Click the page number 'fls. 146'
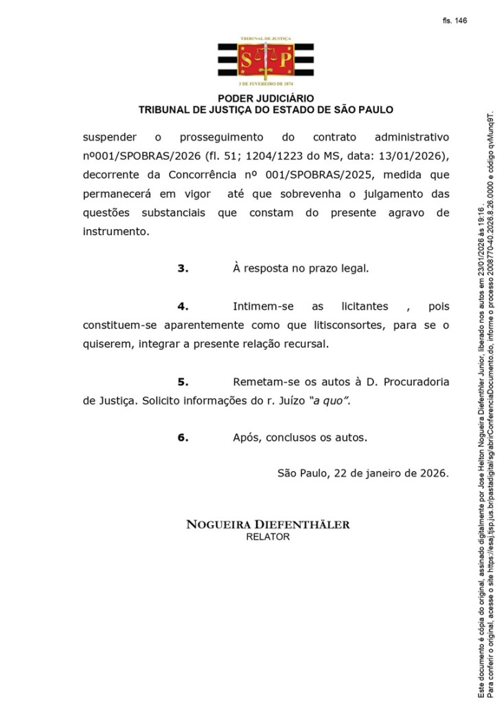[x=454, y=21]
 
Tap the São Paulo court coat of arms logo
[x=266, y=60]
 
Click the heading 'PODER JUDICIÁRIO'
[x=266, y=99]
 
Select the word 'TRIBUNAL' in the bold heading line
[x=165, y=110]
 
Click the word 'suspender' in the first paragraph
[x=110, y=137]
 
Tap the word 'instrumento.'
[x=116, y=232]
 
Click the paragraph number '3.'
[x=183, y=269]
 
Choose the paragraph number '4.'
[x=183, y=306]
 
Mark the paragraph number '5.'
[x=183, y=381]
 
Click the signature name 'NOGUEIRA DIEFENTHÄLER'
[x=268, y=506]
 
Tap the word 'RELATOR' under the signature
[x=268, y=518]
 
